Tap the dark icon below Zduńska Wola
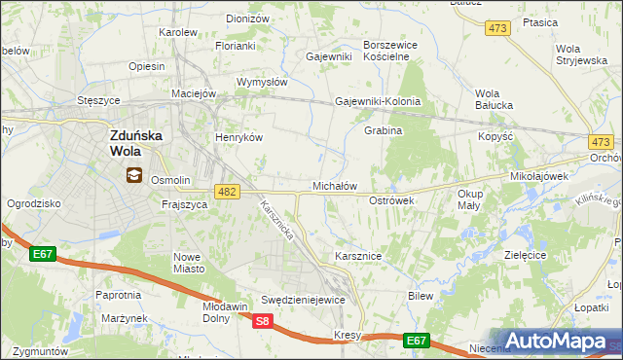[133, 176]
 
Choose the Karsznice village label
[357, 256]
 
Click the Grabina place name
[383, 130]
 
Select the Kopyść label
[495, 136]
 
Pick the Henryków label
[239, 137]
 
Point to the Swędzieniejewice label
[304, 300]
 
